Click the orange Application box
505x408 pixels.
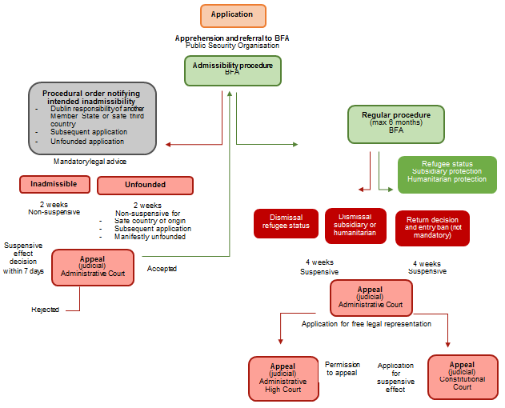tap(231, 15)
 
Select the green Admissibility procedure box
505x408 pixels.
tap(233, 69)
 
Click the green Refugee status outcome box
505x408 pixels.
tap(447, 174)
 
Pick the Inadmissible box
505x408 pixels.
tap(54, 185)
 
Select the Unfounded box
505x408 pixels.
tap(145, 186)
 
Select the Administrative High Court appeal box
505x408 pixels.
tap(283, 378)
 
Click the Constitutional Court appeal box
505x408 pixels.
tap(462, 376)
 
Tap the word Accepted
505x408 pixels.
tap(162, 269)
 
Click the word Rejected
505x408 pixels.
tap(45, 310)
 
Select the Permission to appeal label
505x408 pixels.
tap(343, 369)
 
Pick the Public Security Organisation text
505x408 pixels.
tap(231, 46)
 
